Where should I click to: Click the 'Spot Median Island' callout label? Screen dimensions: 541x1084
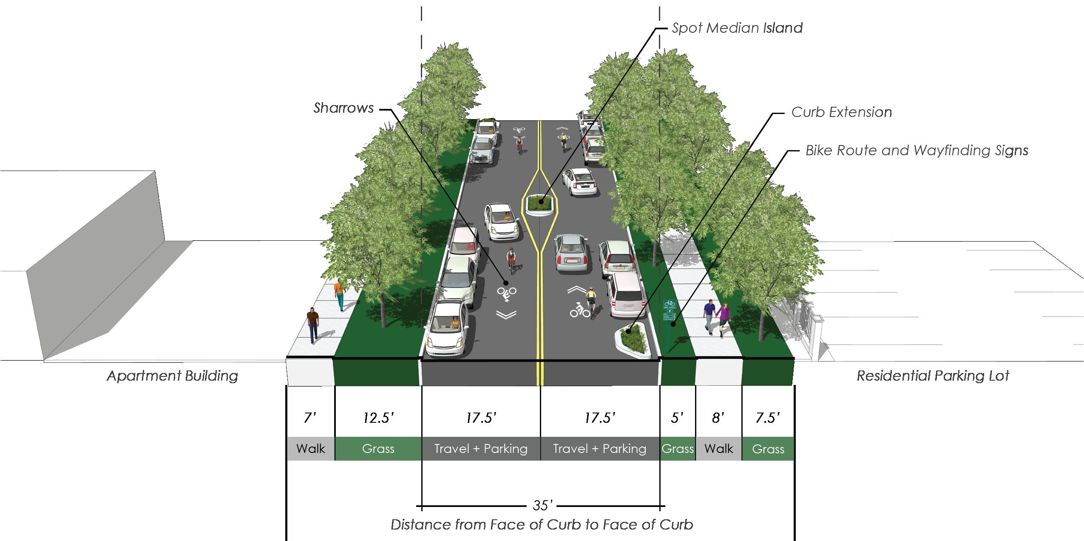[x=737, y=28]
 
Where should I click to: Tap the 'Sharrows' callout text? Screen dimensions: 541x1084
[x=343, y=108]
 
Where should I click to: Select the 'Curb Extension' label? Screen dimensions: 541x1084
[x=841, y=112]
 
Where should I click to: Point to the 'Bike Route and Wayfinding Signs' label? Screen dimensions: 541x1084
[x=917, y=151]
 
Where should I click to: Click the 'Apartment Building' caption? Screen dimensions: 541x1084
[x=172, y=376]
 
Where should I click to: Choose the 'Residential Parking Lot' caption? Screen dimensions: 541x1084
[x=933, y=376]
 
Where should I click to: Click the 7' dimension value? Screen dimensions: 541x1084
[x=310, y=418]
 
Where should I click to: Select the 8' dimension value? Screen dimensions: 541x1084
[x=718, y=418]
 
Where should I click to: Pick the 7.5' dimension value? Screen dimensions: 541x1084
[x=767, y=418]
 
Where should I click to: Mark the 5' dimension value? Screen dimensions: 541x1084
[x=677, y=418]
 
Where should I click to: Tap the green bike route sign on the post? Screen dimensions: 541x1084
[x=669, y=305]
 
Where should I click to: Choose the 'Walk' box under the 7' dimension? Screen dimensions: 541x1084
[x=310, y=449]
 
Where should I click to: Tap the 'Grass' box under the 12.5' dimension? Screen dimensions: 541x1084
[x=378, y=449]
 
